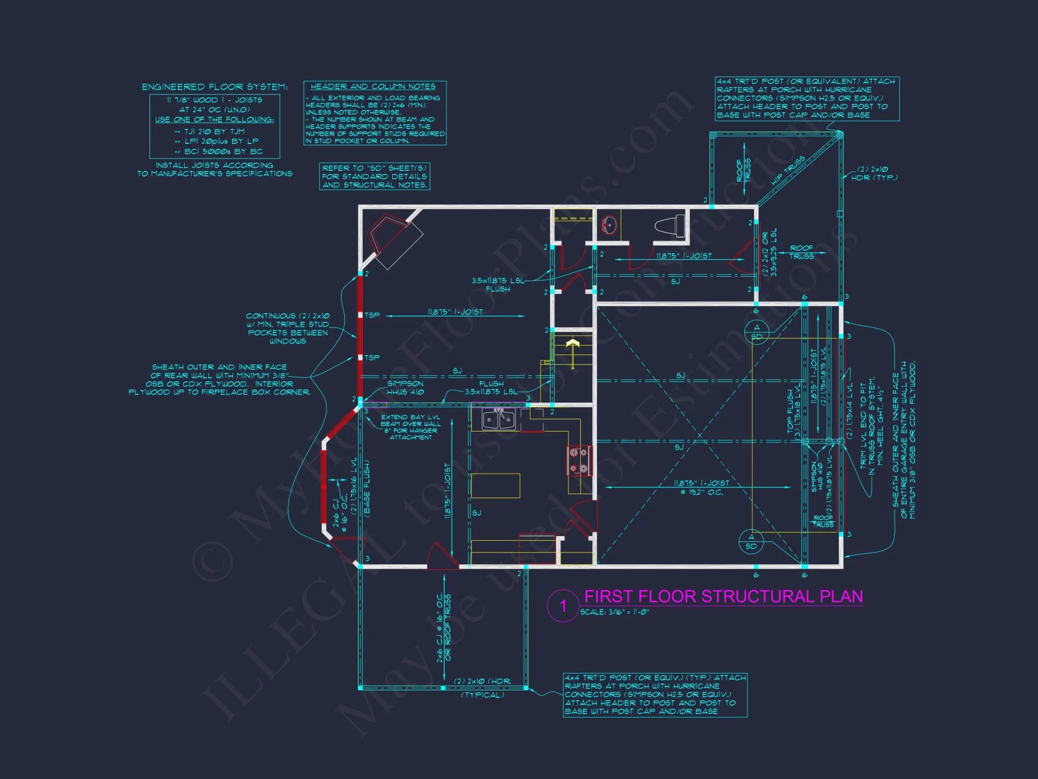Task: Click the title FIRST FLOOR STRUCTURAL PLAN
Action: pos(723,596)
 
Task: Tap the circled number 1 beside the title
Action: pos(563,606)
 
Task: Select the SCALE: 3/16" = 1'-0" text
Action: pos(614,612)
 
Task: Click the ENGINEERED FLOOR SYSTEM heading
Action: pos(214,87)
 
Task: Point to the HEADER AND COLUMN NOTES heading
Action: pos(373,87)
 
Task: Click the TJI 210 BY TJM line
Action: pos(214,131)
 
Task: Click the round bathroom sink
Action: pos(608,225)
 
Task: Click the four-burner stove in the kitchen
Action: pos(579,461)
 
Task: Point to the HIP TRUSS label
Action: pos(788,170)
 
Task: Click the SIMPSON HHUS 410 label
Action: pos(405,387)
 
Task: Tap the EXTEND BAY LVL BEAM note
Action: pos(411,427)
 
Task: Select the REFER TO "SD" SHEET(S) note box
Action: pos(374,177)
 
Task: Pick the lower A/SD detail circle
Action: pos(751,542)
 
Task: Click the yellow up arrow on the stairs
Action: pos(572,345)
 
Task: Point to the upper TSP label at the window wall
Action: pos(372,315)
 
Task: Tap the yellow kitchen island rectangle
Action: pos(495,486)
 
